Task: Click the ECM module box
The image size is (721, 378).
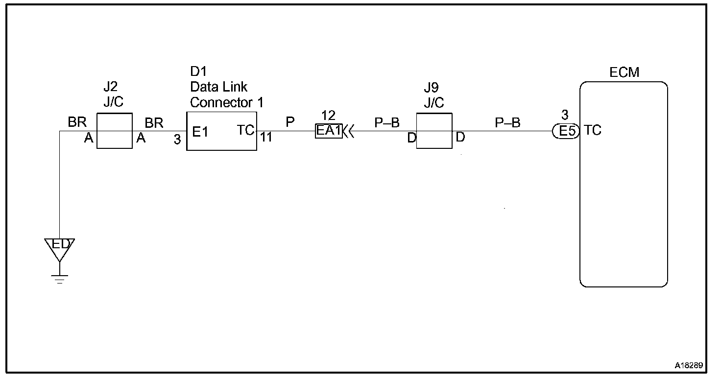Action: tap(623, 196)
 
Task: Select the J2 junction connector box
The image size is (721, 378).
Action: tap(114, 131)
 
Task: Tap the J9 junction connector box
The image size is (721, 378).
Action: tap(434, 131)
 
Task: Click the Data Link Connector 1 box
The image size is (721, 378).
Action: tap(221, 131)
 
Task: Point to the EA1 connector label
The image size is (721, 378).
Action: tap(328, 131)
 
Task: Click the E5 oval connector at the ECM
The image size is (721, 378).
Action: tap(565, 131)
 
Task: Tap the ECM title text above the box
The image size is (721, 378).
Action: tap(625, 73)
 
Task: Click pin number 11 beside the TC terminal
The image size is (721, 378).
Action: tap(266, 138)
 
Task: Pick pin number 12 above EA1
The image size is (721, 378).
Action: tap(328, 116)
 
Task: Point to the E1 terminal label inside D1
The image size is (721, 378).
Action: tap(200, 132)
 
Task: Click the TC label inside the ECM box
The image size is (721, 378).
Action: tap(593, 131)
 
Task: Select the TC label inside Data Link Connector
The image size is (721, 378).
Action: tap(246, 131)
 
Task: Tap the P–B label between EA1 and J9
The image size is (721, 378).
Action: tap(387, 123)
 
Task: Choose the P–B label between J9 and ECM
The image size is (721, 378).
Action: tap(507, 123)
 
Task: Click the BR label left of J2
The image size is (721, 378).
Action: tap(77, 122)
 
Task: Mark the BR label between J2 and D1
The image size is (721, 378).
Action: tap(154, 123)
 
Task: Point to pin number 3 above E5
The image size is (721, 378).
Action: tap(565, 116)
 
